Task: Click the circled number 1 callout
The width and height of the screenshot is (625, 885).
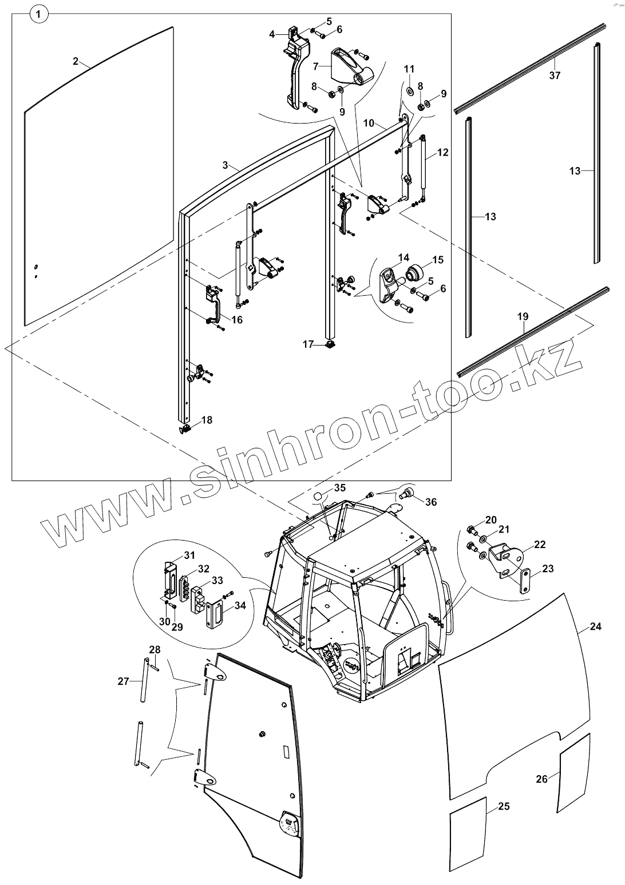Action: tap(38, 15)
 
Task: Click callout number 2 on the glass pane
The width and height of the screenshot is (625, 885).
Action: tap(76, 61)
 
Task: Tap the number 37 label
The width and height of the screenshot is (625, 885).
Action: tap(555, 75)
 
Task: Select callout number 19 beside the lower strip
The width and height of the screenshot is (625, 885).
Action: tap(523, 316)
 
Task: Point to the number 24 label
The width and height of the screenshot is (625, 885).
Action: tap(595, 626)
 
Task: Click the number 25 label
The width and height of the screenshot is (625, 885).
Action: tap(504, 807)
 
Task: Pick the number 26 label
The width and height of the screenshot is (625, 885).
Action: tap(542, 779)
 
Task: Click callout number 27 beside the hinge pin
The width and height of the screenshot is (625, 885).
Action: tap(124, 681)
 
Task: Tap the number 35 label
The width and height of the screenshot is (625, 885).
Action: tap(340, 488)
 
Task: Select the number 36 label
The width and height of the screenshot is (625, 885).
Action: tap(430, 502)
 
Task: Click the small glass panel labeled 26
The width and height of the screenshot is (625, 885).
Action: tap(573, 772)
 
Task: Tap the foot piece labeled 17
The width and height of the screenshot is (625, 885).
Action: tap(330, 344)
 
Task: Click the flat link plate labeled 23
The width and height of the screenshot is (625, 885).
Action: tap(525, 582)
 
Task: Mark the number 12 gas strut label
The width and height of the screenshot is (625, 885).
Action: tap(442, 153)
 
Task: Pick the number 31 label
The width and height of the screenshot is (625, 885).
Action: tap(189, 555)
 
